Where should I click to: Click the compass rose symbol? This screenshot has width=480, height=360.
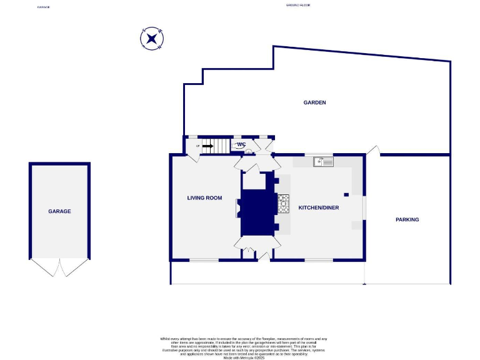point(151,39)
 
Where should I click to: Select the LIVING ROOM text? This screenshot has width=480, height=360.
point(204,198)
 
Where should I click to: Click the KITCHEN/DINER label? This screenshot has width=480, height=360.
point(318,207)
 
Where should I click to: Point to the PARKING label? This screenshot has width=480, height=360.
point(407,219)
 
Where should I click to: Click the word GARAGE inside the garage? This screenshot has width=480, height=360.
point(59,211)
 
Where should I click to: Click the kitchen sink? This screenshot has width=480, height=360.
point(324,162)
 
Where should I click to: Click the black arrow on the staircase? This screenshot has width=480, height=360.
point(208,146)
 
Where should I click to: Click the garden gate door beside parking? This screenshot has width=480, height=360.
point(373,150)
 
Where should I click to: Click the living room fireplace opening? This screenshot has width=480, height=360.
point(237,208)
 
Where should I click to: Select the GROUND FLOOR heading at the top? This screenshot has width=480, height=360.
point(297,5)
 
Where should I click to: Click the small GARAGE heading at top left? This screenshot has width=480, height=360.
point(42,7)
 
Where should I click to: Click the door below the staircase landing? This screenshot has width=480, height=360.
point(193,157)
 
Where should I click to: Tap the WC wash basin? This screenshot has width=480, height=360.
point(248,151)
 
